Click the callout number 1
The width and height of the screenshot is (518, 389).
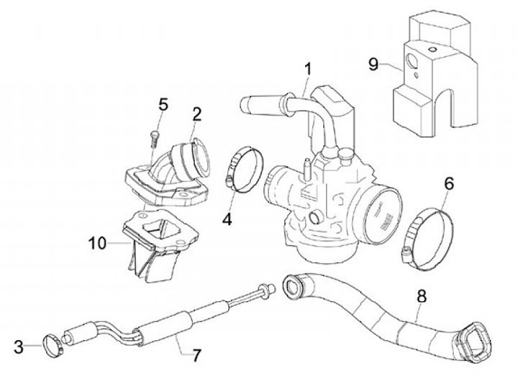[308, 70]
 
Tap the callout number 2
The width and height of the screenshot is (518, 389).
[196, 113]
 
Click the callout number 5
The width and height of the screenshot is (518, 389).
[163, 105]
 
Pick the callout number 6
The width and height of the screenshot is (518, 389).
[448, 184]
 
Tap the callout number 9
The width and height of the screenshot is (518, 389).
[373, 64]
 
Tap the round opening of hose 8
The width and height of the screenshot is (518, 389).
[294, 286]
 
